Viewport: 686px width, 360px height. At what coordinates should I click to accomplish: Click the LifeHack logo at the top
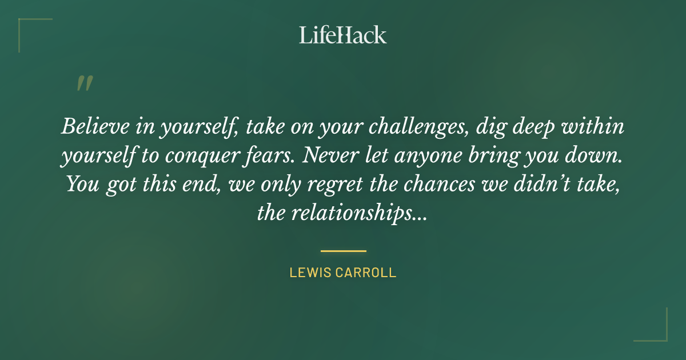point(343,35)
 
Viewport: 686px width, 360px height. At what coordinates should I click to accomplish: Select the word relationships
point(362,214)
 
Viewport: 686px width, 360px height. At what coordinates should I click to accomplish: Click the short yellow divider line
point(343,251)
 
